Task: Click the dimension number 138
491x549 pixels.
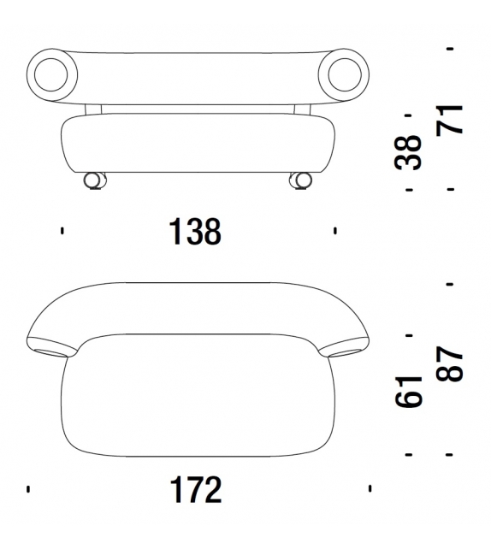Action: point(196,231)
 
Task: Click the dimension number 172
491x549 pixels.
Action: point(196,490)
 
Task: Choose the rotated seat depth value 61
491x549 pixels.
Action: point(411,392)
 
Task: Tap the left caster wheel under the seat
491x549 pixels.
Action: point(92,180)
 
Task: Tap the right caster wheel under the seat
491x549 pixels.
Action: point(299,180)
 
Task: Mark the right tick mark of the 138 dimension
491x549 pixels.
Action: point(335,231)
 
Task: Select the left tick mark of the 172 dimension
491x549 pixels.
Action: point(28,490)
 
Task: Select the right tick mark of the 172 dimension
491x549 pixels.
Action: point(370,490)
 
